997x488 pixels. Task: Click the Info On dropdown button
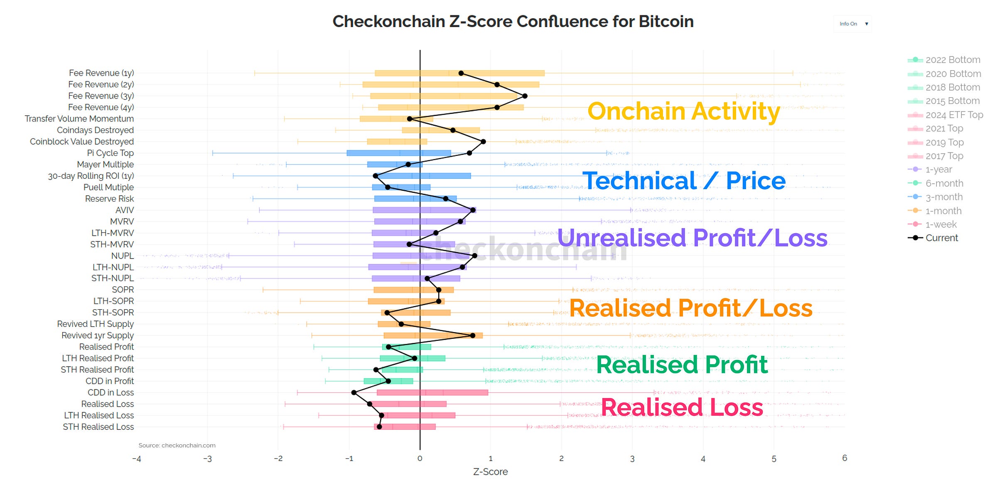point(852,24)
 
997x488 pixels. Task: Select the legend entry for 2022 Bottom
point(944,60)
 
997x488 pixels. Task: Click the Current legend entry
point(933,238)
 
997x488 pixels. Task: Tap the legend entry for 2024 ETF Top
point(945,115)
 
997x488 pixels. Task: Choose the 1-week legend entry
point(932,224)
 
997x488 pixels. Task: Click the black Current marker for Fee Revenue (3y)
point(525,96)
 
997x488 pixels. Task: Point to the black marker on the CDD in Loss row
point(354,392)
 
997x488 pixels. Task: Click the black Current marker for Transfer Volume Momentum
point(410,119)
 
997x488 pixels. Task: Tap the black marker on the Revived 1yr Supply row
point(473,335)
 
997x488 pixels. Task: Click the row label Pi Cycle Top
point(111,153)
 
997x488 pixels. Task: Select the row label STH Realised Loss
point(98,427)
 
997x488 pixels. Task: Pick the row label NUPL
point(123,256)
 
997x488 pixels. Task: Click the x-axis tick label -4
point(136,459)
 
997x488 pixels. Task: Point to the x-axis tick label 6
point(845,458)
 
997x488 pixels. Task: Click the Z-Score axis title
point(491,472)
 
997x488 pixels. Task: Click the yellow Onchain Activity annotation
point(684,111)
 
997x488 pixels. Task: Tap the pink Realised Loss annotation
point(682,407)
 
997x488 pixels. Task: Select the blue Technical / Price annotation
point(684,181)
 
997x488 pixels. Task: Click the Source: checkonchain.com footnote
point(177,445)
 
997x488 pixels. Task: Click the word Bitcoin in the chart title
point(666,22)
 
